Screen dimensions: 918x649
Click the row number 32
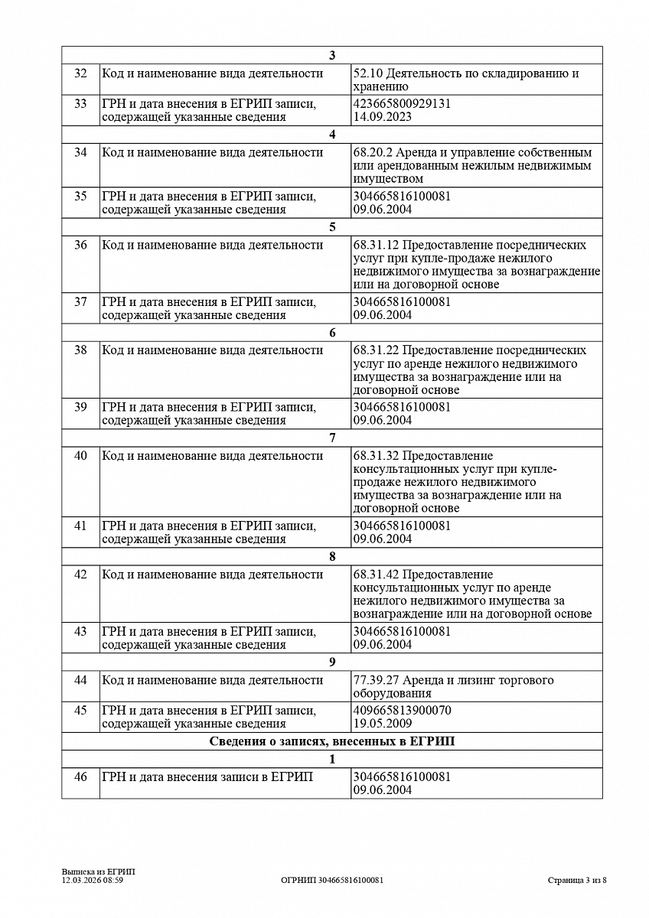click(80, 73)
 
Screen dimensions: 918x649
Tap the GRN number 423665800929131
click(402, 104)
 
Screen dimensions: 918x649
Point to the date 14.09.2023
click(383, 117)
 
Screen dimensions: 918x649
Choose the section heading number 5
click(332, 227)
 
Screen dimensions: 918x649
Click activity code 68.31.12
click(376, 245)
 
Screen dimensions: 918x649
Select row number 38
click(80, 350)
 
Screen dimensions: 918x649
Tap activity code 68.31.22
click(376, 350)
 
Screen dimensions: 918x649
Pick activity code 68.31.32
click(376, 456)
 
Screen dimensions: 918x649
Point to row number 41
click(80, 526)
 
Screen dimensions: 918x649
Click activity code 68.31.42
click(376, 575)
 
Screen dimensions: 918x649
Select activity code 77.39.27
click(376, 680)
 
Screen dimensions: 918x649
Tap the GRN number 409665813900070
click(402, 711)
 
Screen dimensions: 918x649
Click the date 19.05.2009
click(383, 724)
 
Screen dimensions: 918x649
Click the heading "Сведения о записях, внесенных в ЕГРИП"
click(332, 741)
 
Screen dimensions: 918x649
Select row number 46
click(80, 777)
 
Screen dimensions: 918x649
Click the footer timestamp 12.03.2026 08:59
click(93, 881)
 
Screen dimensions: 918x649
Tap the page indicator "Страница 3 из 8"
click(577, 881)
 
